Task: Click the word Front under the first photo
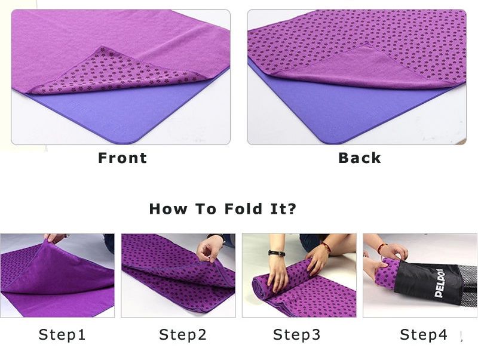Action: click(x=122, y=158)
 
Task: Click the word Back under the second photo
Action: click(x=360, y=158)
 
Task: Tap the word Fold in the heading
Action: click(x=243, y=209)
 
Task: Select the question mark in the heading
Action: click(x=292, y=209)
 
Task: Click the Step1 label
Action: click(x=62, y=334)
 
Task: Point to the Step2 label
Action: click(x=183, y=334)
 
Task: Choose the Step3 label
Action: click(x=296, y=334)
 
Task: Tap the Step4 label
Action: click(x=424, y=334)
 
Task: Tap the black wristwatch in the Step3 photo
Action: click(x=277, y=253)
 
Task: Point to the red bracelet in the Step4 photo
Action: click(x=382, y=248)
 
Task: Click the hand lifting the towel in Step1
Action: click(x=55, y=238)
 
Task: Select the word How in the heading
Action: click(x=168, y=209)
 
